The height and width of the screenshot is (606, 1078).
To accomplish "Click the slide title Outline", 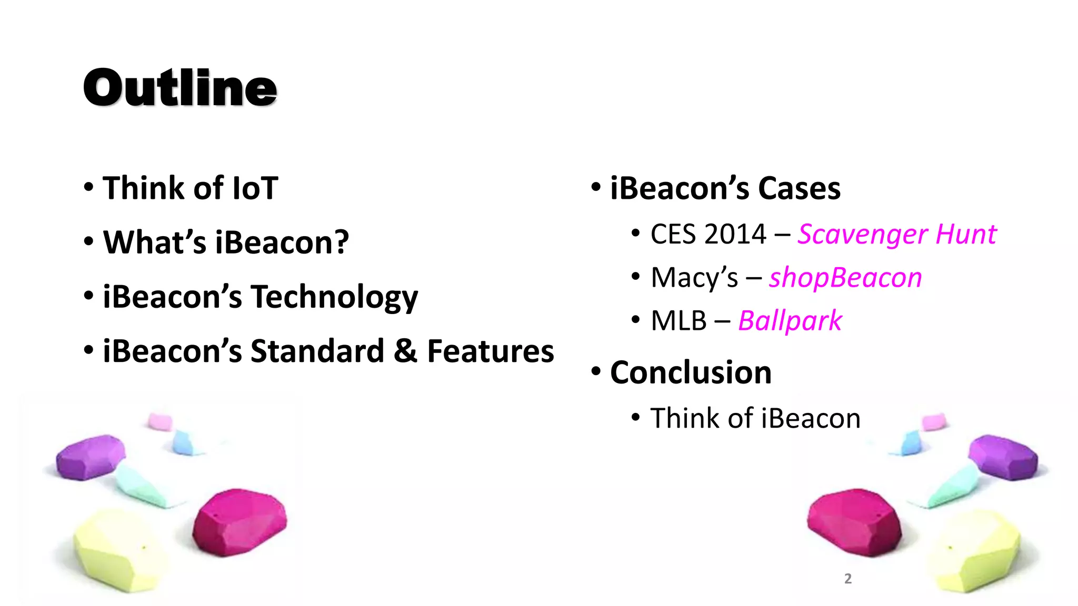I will point(180,88).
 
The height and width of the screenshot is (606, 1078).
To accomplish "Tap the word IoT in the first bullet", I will point(255,188).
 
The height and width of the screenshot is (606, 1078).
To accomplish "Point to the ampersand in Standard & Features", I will point(405,351).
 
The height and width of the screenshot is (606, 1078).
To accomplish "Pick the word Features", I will point(490,351).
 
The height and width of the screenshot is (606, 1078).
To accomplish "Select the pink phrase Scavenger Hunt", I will point(896,235).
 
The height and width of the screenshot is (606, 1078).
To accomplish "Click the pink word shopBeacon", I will point(845,278).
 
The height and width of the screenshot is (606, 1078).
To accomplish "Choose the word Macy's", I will point(694,278).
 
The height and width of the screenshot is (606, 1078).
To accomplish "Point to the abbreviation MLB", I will point(678,321).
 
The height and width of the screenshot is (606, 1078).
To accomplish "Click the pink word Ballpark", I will point(790,321).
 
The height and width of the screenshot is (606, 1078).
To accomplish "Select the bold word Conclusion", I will point(691,372).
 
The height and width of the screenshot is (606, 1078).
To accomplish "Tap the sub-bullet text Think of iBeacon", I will point(755,419).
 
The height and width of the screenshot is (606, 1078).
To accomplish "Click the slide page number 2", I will point(847,579).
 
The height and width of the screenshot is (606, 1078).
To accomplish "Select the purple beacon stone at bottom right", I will point(1003,456).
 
